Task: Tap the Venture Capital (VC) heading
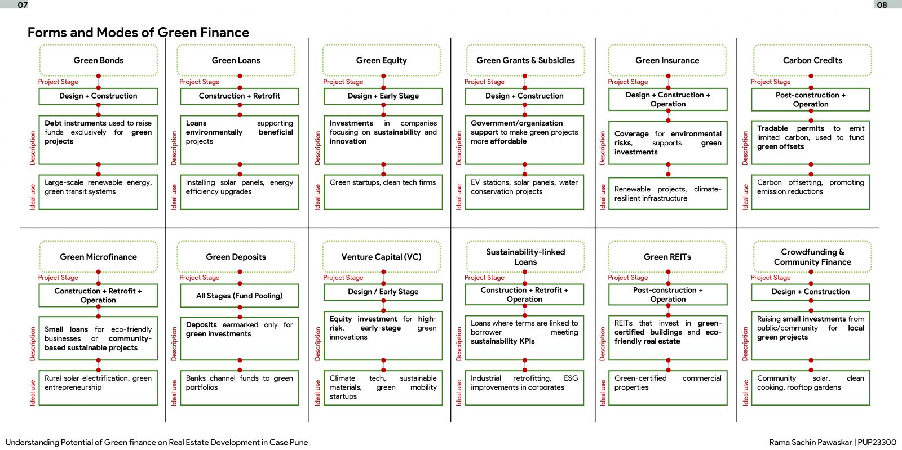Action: (x=381, y=257)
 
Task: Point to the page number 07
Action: (x=23, y=5)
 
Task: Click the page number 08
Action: (x=882, y=5)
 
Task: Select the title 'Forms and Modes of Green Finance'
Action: (x=138, y=32)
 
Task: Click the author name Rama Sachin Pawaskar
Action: (x=811, y=442)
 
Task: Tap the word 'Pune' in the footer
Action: (x=299, y=442)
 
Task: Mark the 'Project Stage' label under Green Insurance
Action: (x=628, y=82)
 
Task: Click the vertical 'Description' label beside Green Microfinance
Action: (x=33, y=344)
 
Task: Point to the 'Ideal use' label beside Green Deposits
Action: (x=174, y=393)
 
